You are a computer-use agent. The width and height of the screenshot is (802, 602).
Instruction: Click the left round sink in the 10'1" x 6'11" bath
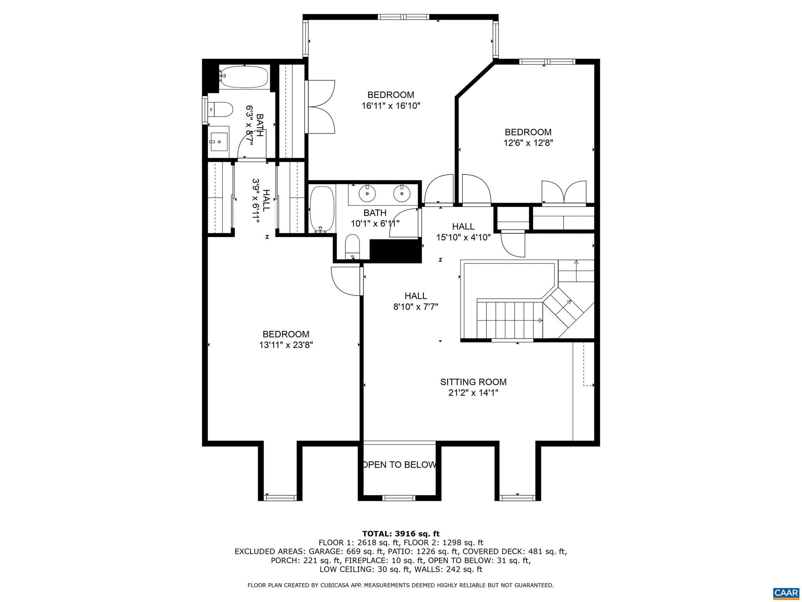367,192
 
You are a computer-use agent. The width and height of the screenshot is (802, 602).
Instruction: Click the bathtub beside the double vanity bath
322,209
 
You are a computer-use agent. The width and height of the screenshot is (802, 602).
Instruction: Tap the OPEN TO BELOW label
399,465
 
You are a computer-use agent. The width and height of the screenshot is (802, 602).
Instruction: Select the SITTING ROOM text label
473,382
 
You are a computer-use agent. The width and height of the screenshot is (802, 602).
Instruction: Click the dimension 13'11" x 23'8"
286,345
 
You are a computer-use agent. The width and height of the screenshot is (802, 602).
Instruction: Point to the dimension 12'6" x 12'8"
528,143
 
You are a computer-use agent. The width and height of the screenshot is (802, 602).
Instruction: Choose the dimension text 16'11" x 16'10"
391,105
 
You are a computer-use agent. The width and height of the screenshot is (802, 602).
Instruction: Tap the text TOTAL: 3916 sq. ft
401,534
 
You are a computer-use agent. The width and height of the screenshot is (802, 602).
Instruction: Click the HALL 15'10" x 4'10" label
463,232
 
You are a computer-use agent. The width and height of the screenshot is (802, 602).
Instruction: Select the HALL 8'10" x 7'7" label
415,301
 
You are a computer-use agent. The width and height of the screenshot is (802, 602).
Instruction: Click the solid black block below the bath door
396,251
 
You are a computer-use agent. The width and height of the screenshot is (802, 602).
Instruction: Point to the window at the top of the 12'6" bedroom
547,62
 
